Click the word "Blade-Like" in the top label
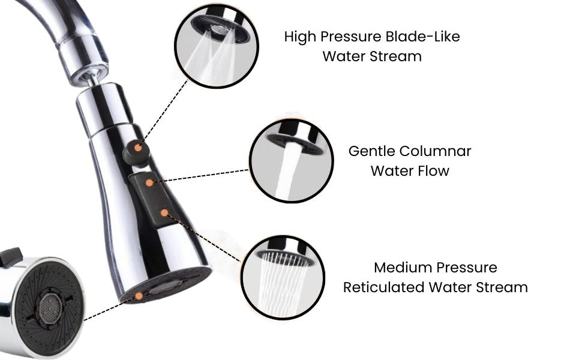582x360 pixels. (423, 37)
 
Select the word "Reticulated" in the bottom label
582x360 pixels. (383, 287)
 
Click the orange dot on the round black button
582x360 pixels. (138, 148)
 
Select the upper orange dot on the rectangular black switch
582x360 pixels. (149, 182)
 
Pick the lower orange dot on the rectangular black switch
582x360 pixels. (164, 212)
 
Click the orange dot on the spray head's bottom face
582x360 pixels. (139, 296)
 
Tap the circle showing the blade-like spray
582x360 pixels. (217, 46)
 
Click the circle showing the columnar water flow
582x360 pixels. (292, 161)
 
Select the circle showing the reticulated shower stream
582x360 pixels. (283, 277)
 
